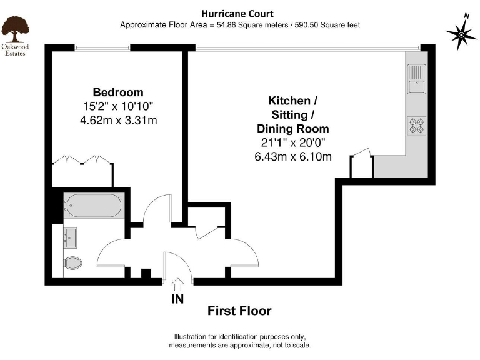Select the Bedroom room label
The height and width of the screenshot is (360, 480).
pos(118,92)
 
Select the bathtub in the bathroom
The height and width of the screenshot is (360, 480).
pos(94,204)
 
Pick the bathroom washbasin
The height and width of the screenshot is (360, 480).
pos(70,236)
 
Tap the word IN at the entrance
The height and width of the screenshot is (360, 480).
pos(177,299)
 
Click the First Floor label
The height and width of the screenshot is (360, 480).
pos(239,311)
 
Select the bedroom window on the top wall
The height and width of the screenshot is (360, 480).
pos(102,47)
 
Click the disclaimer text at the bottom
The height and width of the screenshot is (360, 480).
pos(239,341)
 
